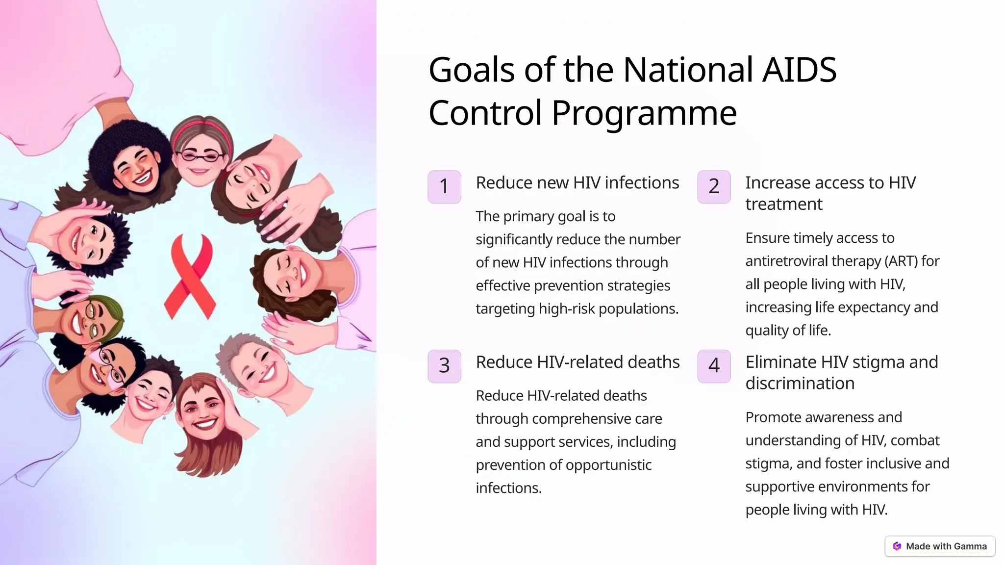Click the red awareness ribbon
pyautogui.click(x=190, y=275)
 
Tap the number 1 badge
pyautogui.click(x=444, y=187)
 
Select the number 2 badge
pyautogui.click(x=714, y=187)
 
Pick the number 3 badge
pyautogui.click(x=444, y=366)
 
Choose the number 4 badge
pyautogui.click(x=714, y=366)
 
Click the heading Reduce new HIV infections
pyautogui.click(x=577, y=183)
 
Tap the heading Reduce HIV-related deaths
pyautogui.click(x=577, y=362)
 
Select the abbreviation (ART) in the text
pyautogui.click(x=901, y=261)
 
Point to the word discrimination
pyautogui.click(x=800, y=384)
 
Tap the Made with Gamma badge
pyautogui.click(x=940, y=546)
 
